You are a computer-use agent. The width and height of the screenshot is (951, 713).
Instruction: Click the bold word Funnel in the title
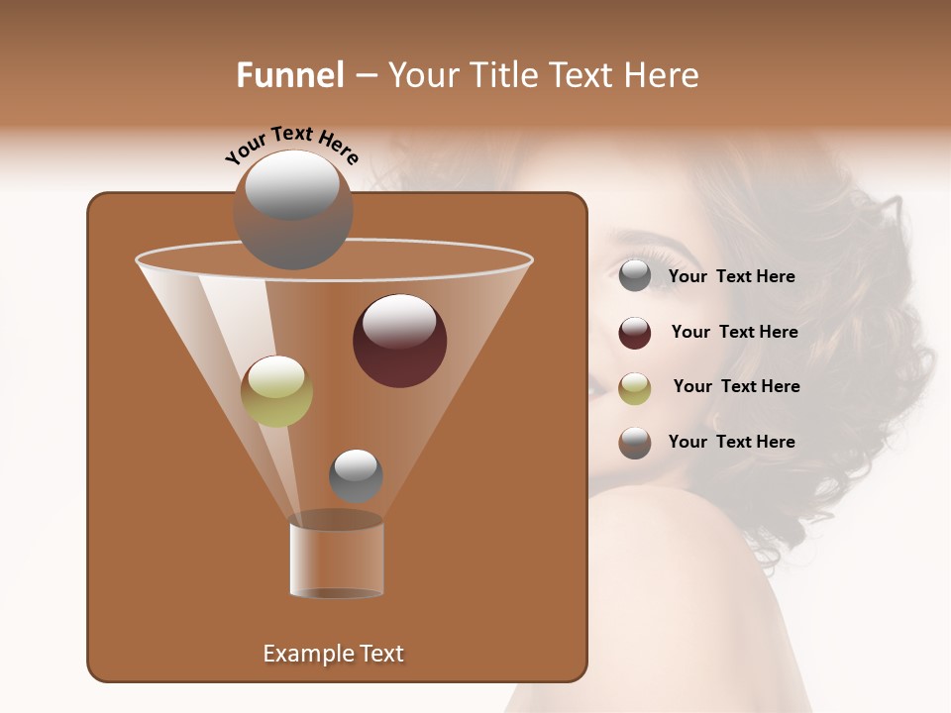289,75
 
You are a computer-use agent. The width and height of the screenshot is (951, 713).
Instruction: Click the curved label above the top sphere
292,146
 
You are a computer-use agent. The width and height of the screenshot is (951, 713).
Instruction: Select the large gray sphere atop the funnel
292,209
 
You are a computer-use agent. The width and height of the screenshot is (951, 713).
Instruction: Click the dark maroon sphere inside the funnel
399,340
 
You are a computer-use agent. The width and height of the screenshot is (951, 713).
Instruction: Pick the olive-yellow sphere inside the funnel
276,390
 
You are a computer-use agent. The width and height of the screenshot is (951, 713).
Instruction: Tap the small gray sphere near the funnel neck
356,475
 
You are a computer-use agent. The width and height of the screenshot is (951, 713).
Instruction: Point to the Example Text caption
334,654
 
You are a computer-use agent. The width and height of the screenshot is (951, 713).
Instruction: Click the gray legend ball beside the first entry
635,276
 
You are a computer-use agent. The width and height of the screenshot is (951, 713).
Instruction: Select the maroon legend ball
635,333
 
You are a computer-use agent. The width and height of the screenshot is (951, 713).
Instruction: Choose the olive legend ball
635,387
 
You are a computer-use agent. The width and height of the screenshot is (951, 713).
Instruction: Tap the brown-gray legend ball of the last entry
635,443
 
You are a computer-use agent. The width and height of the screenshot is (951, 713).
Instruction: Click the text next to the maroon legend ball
734,332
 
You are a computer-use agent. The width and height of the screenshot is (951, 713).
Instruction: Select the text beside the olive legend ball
736,386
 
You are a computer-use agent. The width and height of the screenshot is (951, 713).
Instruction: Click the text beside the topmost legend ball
731,276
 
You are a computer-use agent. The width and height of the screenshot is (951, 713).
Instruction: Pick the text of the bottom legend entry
731,442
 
